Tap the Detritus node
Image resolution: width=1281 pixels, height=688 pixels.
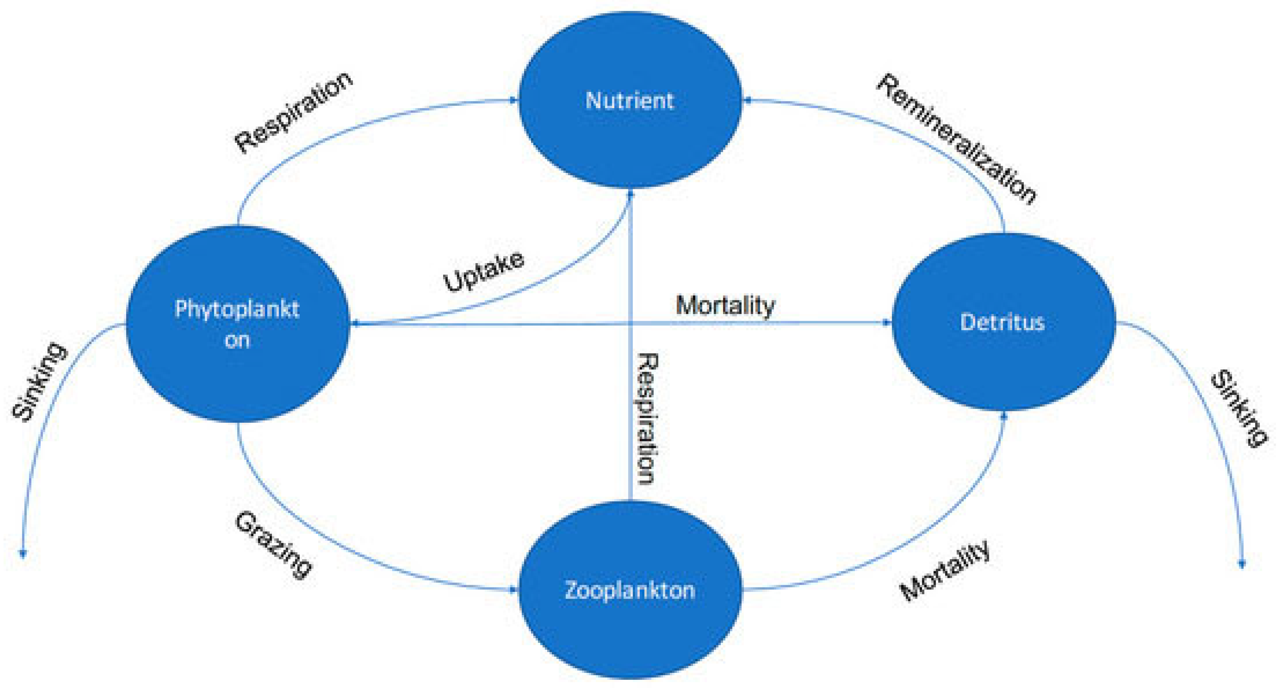pyautogui.click(x=1003, y=322)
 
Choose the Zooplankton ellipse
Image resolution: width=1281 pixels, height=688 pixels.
pyautogui.click(x=630, y=590)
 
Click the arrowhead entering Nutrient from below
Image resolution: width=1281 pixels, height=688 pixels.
pyautogui.click(x=631, y=193)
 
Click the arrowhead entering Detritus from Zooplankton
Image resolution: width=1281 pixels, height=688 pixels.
pyautogui.click(x=1003, y=415)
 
